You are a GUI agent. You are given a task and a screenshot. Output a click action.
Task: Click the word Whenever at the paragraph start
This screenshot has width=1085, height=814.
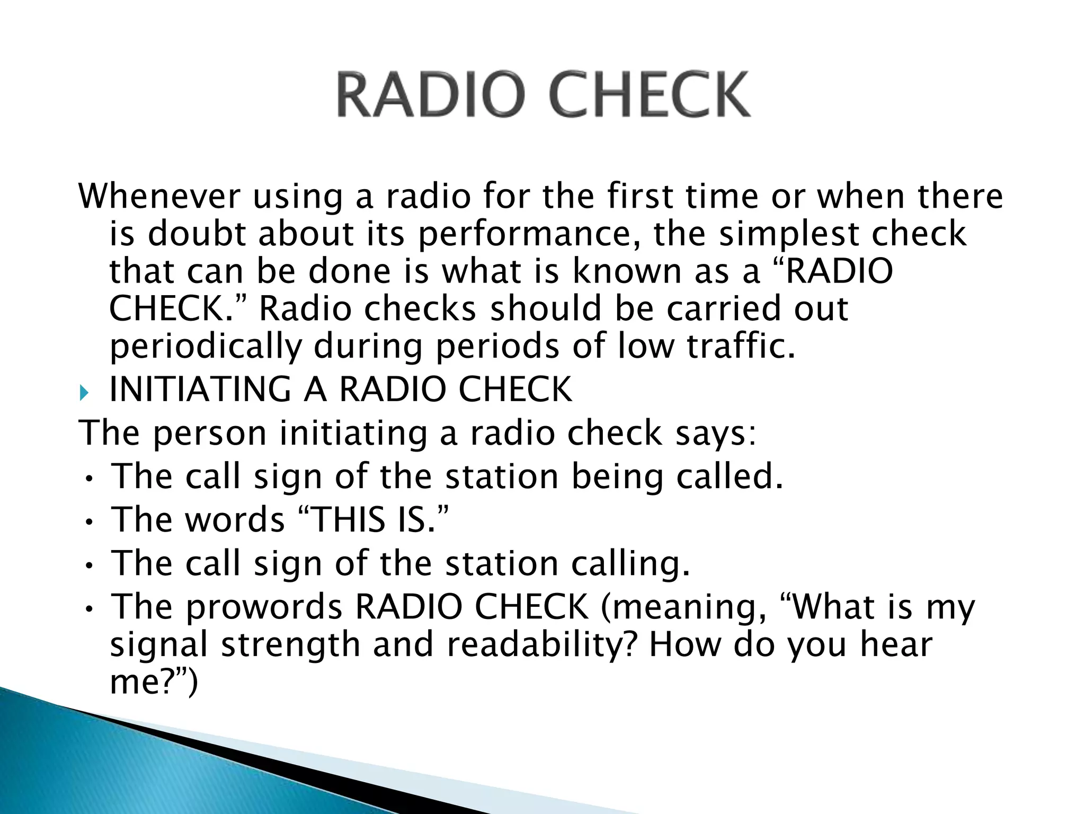coord(159,196)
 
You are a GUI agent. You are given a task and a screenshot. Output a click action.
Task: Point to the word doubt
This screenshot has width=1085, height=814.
coord(197,234)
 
